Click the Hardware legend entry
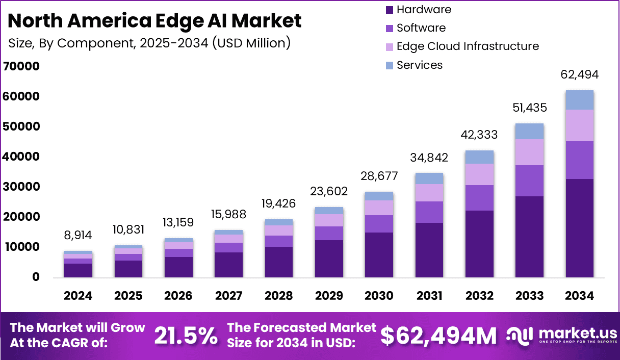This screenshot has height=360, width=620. coord(418,9)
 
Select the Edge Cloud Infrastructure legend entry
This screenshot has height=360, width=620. coord(461,46)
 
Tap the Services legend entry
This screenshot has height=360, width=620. coord(414,65)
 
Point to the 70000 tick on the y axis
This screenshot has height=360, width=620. coord(21,66)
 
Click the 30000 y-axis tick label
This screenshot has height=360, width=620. coord(21,187)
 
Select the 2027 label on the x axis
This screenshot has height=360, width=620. coord(229,296)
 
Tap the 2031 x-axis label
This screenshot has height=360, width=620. coord(429,296)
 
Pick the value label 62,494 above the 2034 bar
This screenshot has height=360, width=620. coord(579,74)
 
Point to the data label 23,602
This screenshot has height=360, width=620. coord(329,191)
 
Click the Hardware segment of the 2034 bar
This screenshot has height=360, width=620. coord(579,227)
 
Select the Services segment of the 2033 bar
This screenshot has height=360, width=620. coord(529,132)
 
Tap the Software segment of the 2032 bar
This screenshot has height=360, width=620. coord(479,198)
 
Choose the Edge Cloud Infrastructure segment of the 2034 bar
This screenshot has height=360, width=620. coord(579,125)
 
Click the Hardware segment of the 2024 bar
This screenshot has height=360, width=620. coord(79,270)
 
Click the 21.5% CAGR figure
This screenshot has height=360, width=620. coord(185,336)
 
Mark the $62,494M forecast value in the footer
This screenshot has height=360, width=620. coord(439,336)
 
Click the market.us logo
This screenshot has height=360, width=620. coord(561,335)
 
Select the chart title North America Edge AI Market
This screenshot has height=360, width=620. coord(155,21)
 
